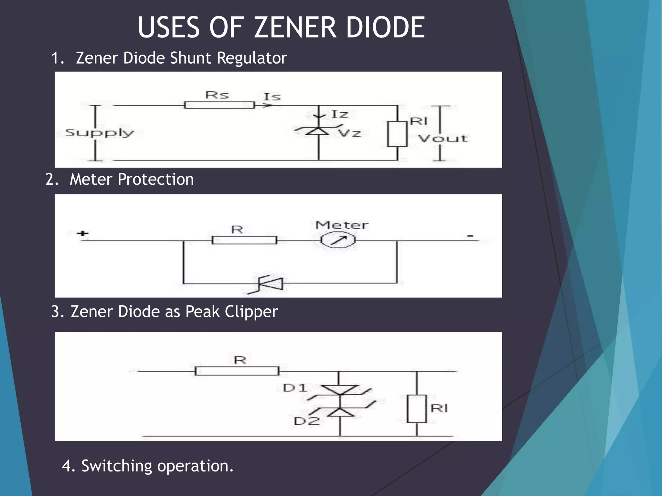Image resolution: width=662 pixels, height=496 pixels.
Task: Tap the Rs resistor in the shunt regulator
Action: click(x=219, y=105)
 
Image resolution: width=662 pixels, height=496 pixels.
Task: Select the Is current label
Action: click(x=272, y=97)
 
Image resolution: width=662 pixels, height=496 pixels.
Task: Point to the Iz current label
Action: click(x=340, y=114)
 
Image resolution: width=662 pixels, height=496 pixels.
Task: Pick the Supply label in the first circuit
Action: click(x=99, y=133)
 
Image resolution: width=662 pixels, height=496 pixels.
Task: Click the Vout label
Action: click(x=443, y=139)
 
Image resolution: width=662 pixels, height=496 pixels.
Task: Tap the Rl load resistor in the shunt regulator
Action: click(x=397, y=134)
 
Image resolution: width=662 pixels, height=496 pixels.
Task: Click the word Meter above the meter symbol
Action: click(x=342, y=225)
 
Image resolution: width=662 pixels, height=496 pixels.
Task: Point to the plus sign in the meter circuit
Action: click(x=83, y=233)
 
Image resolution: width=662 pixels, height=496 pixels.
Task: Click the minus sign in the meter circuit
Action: click(x=470, y=236)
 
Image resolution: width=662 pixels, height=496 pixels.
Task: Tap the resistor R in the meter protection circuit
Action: click(x=244, y=240)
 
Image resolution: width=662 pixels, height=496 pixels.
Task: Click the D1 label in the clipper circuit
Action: click(x=295, y=388)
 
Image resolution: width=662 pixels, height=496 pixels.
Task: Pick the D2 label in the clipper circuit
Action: click(x=306, y=421)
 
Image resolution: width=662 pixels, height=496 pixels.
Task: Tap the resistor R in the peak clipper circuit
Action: click(x=237, y=371)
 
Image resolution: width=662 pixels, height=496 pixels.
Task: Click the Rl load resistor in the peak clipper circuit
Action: click(x=417, y=408)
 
